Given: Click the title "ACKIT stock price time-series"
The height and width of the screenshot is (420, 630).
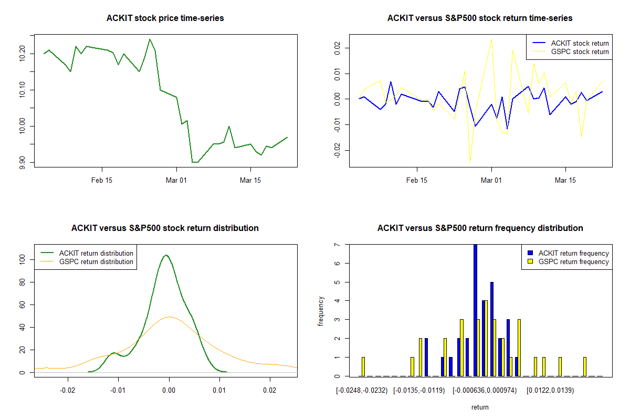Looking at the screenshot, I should (165, 18).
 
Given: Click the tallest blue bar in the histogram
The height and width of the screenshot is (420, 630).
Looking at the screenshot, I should (475, 310).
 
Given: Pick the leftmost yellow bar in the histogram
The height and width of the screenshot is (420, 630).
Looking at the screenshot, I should (363, 366).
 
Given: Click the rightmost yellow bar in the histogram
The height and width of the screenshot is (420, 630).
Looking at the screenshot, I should (585, 366).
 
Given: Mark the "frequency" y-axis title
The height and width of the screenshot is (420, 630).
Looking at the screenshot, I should (321, 311).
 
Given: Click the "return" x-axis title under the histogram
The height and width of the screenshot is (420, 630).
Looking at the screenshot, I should (480, 407).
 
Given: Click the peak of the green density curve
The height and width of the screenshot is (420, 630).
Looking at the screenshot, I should (166, 255).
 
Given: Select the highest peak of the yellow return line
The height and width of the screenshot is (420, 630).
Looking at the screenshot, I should (491, 38).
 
